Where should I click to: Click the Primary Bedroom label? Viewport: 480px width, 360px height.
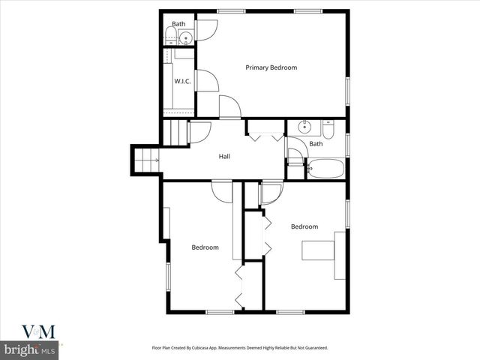pos(271,67)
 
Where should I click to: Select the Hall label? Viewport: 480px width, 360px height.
pos(224,157)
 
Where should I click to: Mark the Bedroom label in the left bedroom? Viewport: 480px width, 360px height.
pos(205,247)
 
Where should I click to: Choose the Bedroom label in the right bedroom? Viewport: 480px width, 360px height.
pos(304,226)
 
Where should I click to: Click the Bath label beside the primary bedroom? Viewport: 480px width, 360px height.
pos(178,24)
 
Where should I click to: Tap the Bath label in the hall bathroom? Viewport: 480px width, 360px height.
pos(316,144)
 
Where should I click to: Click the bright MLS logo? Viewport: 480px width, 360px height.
pos(30,350)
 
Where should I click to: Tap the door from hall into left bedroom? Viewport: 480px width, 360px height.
pos(223,191)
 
